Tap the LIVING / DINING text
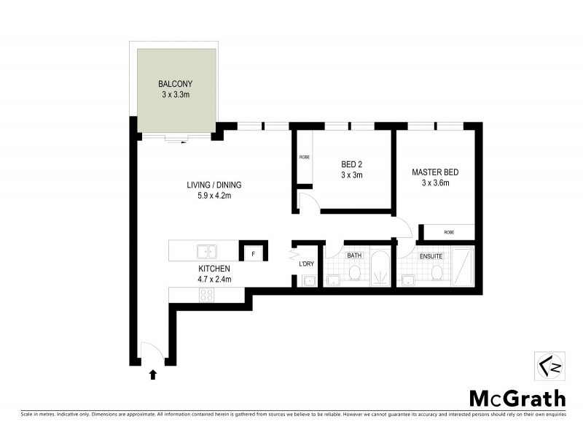click(x=214, y=185)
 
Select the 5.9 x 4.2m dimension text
click(x=214, y=195)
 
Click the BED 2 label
click(x=352, y=164)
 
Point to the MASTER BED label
click(x=435, y=172)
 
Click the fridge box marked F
click(x=252, y=253)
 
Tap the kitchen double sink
click(x=206, y=252)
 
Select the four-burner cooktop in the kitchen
click(x=207, y=295)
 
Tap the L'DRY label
click(x=306, y=264)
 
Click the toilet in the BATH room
click(x=355, y=272)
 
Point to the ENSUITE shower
click(x=462, y=267)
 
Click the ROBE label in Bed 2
click(x=305, y=157)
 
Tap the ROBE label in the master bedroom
click(x=449, y=232)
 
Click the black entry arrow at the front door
click(x=153, y=375)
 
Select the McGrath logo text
click(x=516, y=398)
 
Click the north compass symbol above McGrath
click(x=545, y=365)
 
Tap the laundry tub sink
click(x=309, y=281)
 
